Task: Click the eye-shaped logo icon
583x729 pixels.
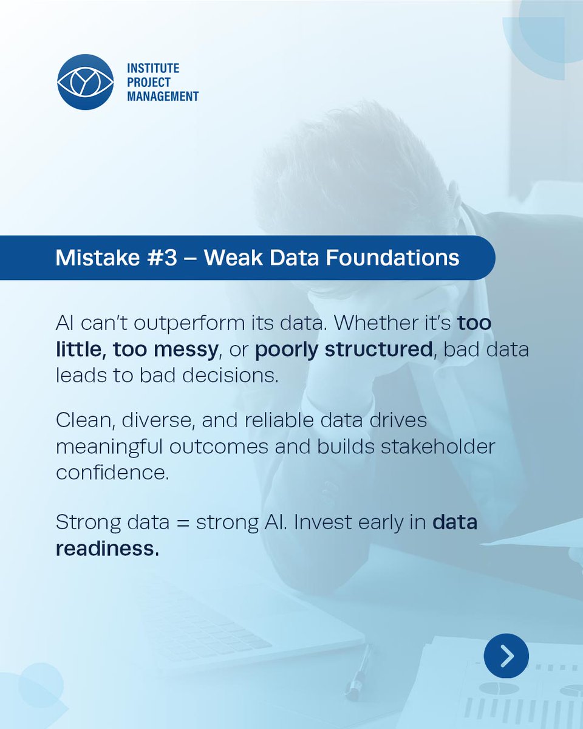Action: pyautogui.click(x=85, y=82)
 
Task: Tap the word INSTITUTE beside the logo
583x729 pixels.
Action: pyautogui.click(x=153, y=69)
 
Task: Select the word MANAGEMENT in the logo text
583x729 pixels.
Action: pyautogui.click(x=163, y=96)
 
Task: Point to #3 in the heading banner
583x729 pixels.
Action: pyautogui.click(x=163, y=258)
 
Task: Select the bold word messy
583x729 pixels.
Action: pyautogui.click(x=188, y=349)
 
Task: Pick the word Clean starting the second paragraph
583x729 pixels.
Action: pyautogui.click(x=78, y=420)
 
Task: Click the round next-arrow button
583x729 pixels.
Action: pyautogui.click(x=506, y=655)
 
